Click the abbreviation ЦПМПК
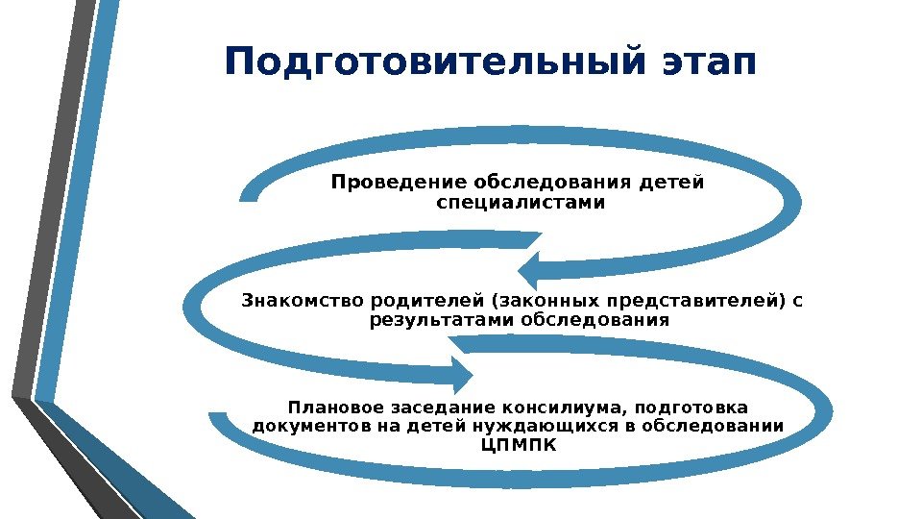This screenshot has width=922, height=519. [517, 446]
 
